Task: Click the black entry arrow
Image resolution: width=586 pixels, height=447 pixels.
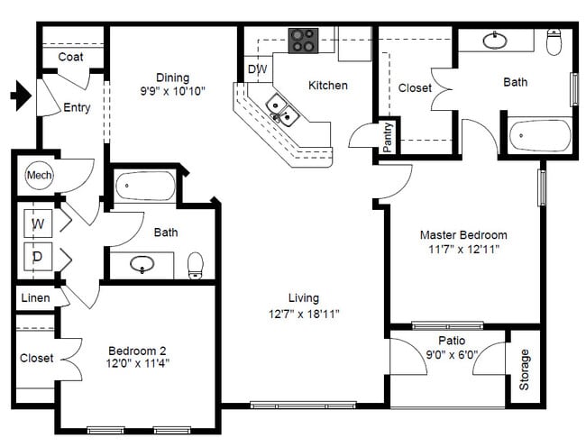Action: pyautogui.click(x=21, y=96)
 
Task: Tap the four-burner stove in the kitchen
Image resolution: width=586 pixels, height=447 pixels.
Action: pyautogui.click(x=303, y=41)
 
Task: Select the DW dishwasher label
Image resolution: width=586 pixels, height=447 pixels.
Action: pyautogui.click(x=258, y=69)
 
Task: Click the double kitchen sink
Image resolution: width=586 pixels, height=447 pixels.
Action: pyautogui.click(x=282, y=110)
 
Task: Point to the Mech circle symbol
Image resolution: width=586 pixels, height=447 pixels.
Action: pyautogui.click(x=40, y=175)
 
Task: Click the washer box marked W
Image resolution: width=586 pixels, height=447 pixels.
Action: pyautogui.click(x=38, y=223)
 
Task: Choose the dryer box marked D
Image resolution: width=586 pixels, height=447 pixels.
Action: pyautogui.click(x=38, y=257)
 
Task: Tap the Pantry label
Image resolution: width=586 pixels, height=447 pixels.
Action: pyautogui.click(x=388, y=137)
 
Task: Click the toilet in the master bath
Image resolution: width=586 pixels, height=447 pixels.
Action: pyautogui.click(x=554, y=41)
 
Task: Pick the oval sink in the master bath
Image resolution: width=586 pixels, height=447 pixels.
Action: pyautogui.click(x=495, y=41)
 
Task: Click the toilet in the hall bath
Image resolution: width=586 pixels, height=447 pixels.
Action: pyautogui.click(x=195, y=266)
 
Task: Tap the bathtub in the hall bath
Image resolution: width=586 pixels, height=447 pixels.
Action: pyautogui.click(x=145, y=186)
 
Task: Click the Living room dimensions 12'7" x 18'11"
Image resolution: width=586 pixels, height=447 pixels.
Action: pyautogui.click(x=304, y=314)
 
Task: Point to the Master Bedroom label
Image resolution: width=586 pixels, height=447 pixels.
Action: pyautogui.click(x=463, y=235)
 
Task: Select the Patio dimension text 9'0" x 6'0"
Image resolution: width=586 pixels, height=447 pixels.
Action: pyautogui.click(x=452, y=354)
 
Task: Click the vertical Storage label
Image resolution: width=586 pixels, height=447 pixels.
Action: pyautogui.click(x=524, y=369)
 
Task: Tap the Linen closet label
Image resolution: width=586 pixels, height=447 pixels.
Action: pyautogui.click(x=35, y=298)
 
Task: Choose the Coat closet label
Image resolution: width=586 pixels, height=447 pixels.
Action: pyautogui.click(x=70, y=57)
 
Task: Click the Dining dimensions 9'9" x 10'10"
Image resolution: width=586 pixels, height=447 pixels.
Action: pyautogui.click(x=173, y=91)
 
